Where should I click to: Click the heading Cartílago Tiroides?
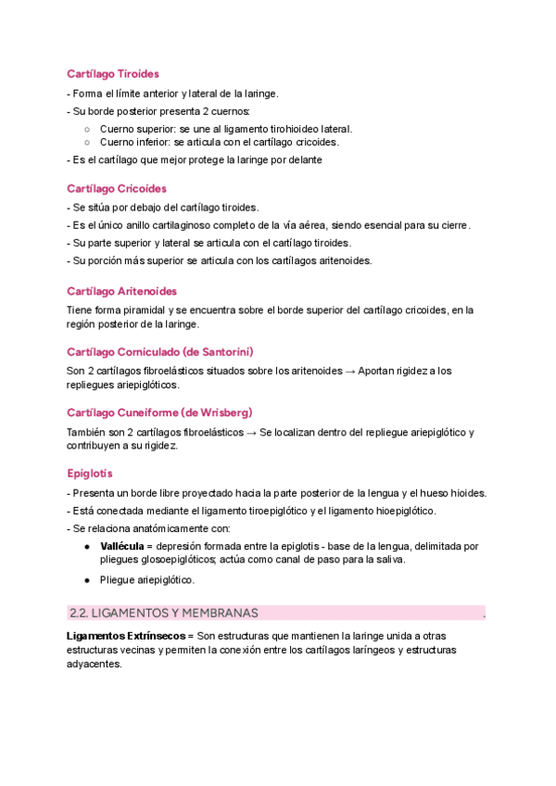(113, 73)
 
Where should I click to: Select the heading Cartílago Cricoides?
(117, 188)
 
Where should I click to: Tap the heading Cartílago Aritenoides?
(122, 291)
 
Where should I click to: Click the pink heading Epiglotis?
(90, 473)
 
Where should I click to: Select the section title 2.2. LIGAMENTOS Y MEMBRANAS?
(164, 613)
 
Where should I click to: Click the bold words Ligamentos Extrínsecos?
(124, 637)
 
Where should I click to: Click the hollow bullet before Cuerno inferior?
(86, 143)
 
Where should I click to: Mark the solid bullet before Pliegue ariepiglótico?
(86, 580)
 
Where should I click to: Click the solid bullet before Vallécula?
(86, 547)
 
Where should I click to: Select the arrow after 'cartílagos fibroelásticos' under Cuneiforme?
(251, 432)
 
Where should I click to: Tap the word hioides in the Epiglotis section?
(468, 492)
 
